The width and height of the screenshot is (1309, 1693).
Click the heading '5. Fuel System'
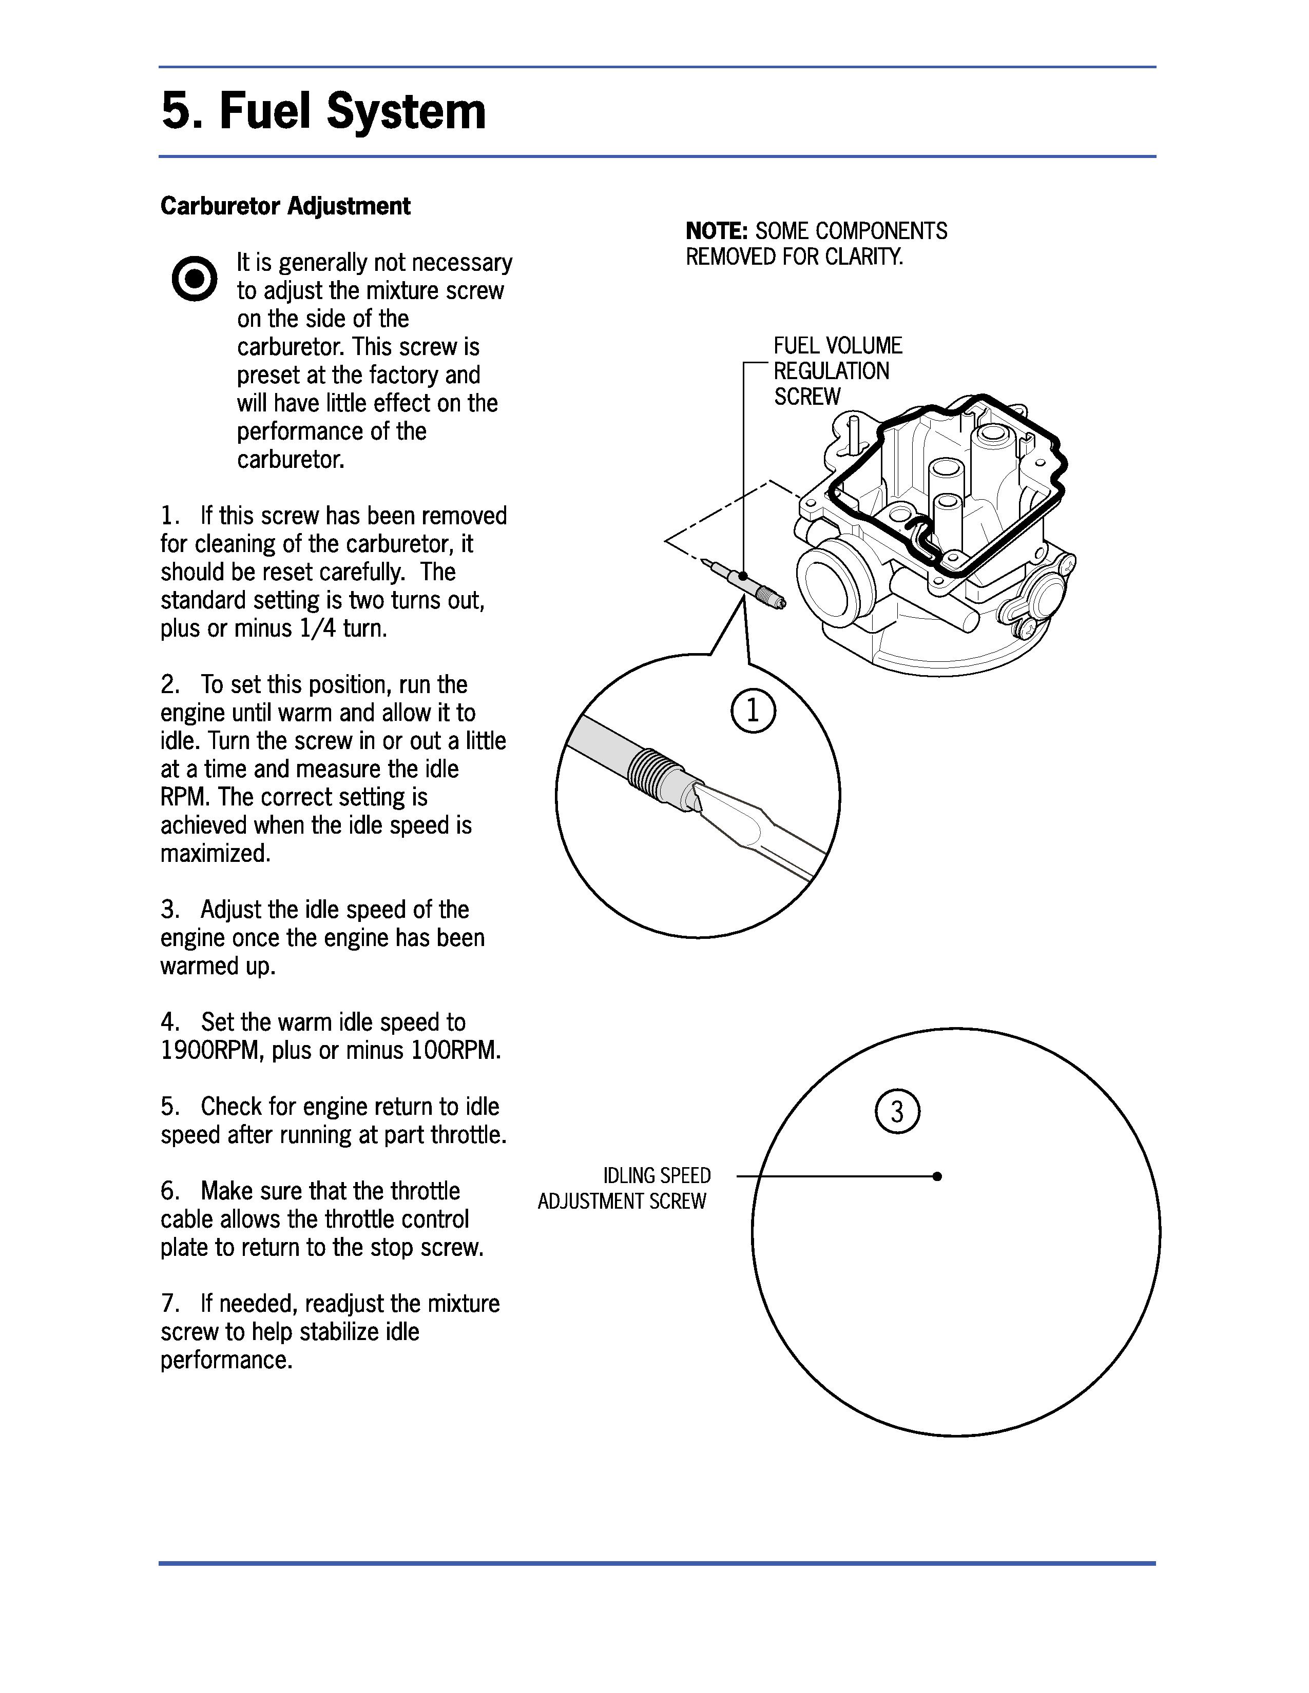pyautogui.click(x=323, y=111)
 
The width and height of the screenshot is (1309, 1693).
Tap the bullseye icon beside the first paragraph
pyautogui.click(x=194, y=278)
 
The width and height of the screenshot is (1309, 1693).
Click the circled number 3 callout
pyautogui.click(x=897, y=1112)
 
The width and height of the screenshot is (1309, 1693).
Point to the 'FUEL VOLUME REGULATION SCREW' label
pyautogui.click(x=838, y=370)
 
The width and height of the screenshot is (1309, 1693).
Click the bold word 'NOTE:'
pyautogui.click(x=717, y=231)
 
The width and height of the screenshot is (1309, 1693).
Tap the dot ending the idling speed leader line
pyautogui.click(x=937, y=1176)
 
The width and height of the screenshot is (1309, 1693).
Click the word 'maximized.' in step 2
pyautogui.click(x=216, y=854)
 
